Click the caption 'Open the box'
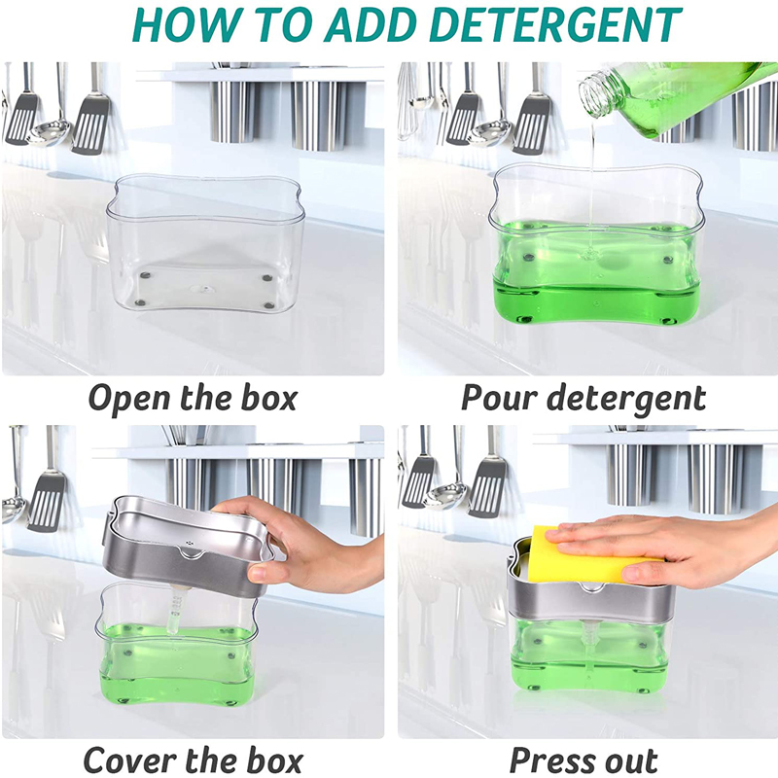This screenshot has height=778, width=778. pyautogui.click(x=193, y=398)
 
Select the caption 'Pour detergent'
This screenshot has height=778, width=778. pyautogui.click(x=583, y=398)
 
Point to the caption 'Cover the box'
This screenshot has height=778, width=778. pyautogui.click(x=193, y=760)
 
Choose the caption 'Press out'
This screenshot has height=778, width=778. pyautogui.click(x=583, y=760)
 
